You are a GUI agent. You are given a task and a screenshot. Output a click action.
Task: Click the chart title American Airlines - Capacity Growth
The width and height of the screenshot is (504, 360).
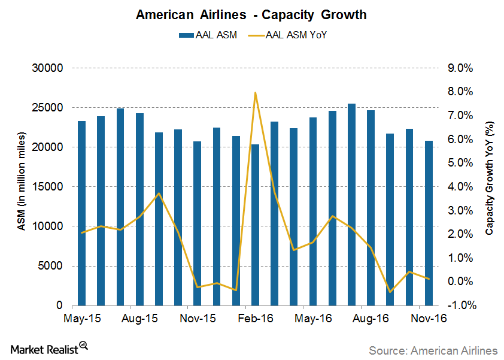tap(251, 14)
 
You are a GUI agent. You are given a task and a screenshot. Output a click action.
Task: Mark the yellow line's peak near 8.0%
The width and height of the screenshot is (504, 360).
tap(256, 93)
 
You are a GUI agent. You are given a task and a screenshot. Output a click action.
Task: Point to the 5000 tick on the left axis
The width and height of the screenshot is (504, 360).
tap(51, 266)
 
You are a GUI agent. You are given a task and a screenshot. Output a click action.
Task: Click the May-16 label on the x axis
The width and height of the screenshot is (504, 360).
tap(313, 319)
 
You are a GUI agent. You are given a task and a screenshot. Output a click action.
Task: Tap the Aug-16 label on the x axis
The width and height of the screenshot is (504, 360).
tap(371, 319)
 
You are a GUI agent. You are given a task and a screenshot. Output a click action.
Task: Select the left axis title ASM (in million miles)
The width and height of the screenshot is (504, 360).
tap(20, 187)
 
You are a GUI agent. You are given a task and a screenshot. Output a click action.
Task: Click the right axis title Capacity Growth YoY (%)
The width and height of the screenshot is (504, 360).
tap(489, 187)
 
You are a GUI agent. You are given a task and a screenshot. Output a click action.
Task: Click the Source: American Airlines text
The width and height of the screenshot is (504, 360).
tap(433, 350)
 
